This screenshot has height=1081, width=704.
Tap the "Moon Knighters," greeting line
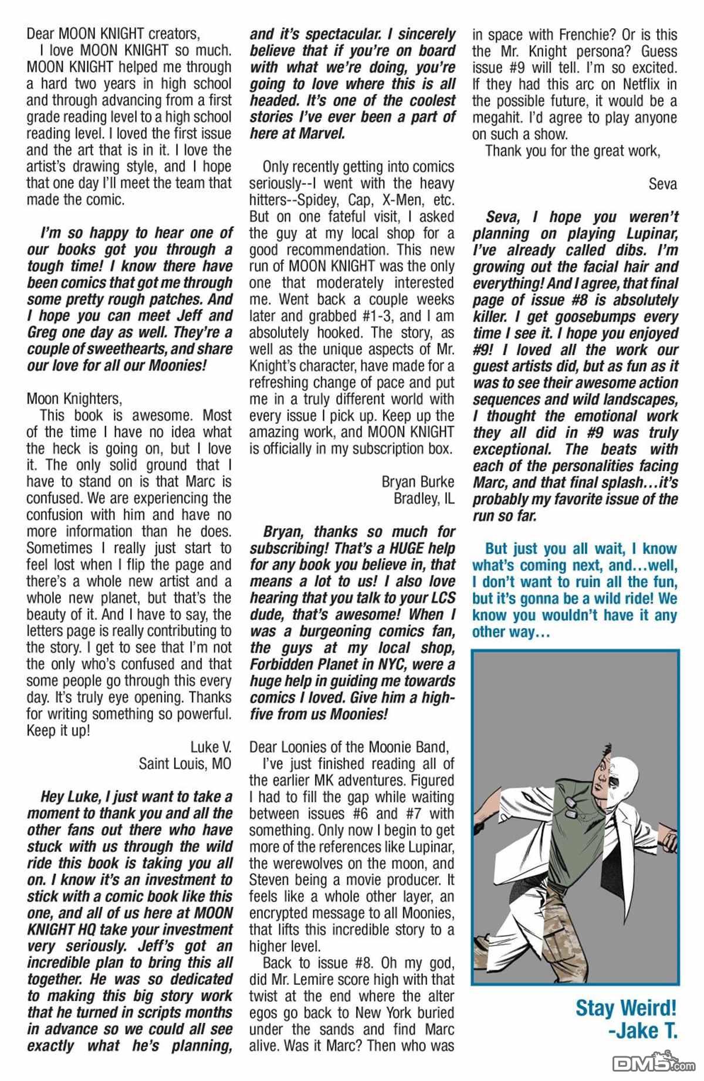(75, 399)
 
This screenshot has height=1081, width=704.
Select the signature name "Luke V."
(211, 747)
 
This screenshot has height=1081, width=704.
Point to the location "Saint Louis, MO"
(185, 764)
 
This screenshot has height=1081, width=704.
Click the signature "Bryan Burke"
(418, 482)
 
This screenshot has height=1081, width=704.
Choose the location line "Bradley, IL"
(424, 498)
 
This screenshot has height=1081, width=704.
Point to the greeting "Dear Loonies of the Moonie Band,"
(349, 747)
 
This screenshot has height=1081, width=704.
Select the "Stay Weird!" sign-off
(625, 1008)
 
